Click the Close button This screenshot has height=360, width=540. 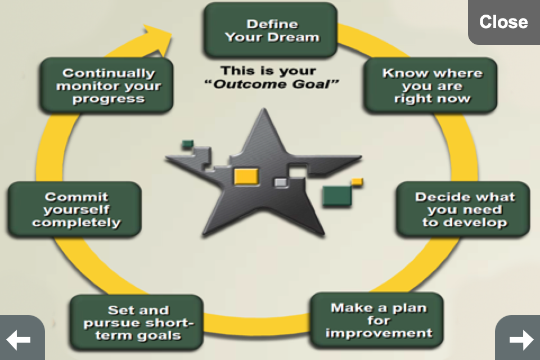[504, 22]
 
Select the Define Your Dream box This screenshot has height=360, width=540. [271, 30]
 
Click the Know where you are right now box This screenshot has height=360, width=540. [430, 85]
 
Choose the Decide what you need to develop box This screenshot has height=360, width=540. [463, 209]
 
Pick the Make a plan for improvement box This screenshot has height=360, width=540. [377, 321]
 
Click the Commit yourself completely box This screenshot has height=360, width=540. [74, 209]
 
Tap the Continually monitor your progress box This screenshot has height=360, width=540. [107, 85]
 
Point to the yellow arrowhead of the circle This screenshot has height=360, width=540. [159, 39]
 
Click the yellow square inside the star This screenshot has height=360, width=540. [246, 177]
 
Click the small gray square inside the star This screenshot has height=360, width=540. [281, 182]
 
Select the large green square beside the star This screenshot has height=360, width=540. [337, 196]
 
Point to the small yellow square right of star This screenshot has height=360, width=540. [357, 182]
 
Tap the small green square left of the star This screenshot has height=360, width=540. [188, 144]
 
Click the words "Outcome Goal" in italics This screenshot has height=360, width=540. [271, 84]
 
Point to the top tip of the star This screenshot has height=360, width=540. [264, 109]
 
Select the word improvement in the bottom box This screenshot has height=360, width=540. [379, 333]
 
